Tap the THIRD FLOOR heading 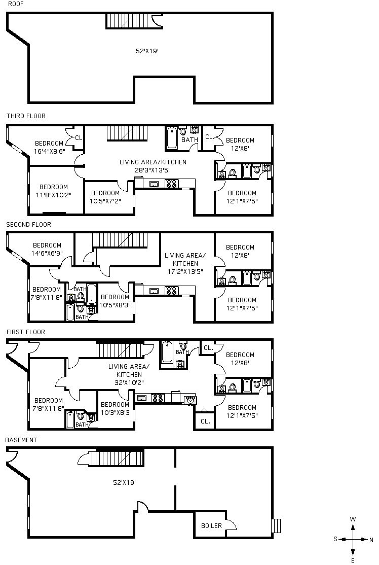click(x=26, y=116)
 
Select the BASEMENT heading click(x=21, y=440)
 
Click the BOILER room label click(x=211, y=526)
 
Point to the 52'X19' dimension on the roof click(x=147, y=51)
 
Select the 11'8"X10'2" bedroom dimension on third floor click(x=53, y=194)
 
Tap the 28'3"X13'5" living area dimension click(x=153, y=170)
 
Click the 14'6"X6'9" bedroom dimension click(x=47, y=254)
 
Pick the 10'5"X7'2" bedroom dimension click(x=105, y=201)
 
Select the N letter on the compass click(x=371, y=540)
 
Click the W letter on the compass click(x=353, y=519)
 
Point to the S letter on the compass click(x=335, y=540)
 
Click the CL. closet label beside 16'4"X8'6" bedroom click(x=79, y=137)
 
